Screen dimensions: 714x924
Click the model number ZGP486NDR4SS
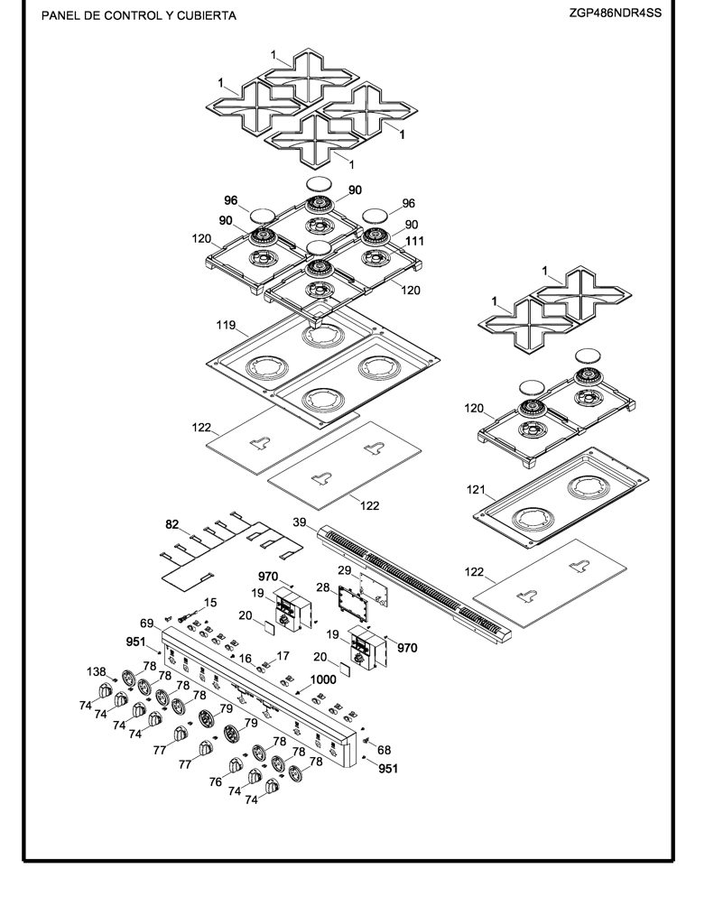point(615,13)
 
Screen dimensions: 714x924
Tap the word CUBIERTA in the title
point(206,16)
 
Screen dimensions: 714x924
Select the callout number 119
point(226,325)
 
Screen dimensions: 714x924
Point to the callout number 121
point(476,489)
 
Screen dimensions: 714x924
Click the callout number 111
point(414,240)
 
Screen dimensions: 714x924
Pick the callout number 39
point(300,522)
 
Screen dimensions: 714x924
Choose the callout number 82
point(172,524)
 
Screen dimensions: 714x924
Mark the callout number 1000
point(323,679)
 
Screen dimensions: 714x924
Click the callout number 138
point(96,671)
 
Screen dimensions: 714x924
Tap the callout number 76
point(215,782)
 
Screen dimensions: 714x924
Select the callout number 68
point(384,750)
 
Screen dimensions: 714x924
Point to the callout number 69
point(147,623)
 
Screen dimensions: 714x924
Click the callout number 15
point(210,602)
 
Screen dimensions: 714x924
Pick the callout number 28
point(323,587)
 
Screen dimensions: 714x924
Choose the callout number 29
point(344,570)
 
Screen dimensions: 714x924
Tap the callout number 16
point(246,658)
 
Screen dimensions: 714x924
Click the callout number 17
point(283,655)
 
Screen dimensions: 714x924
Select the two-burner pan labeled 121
point(561,500)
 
